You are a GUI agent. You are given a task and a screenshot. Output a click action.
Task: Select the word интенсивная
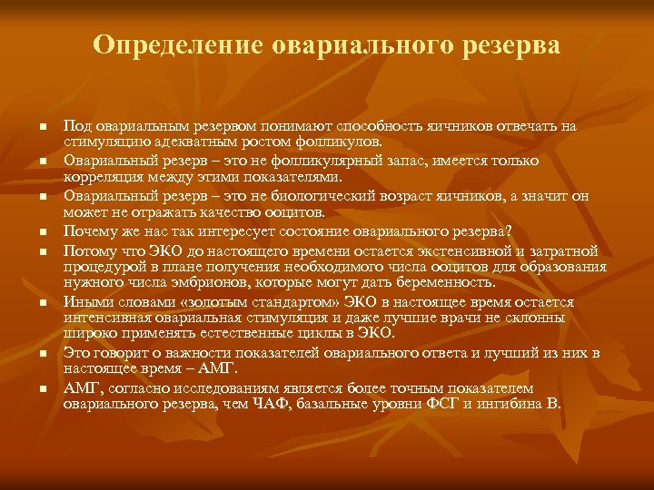pyautogui.click(x=106, y=318)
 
